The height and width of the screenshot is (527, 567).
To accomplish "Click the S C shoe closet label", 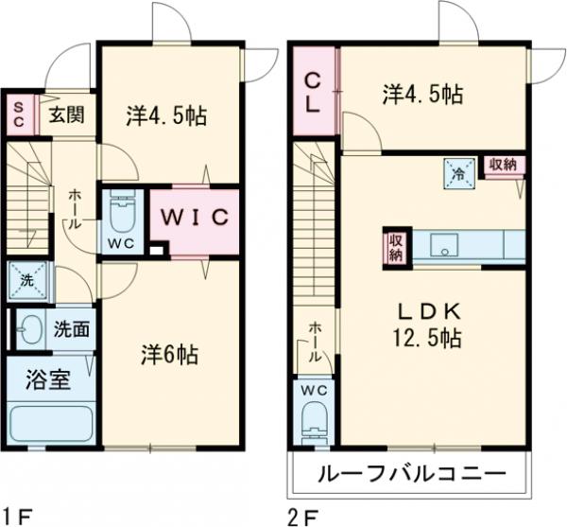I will pyautogui.click(x=17, y=115).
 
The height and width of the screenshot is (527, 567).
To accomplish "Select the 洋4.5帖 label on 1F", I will pyautogui.click(x=167, y=115).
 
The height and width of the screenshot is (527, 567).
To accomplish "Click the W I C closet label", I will pyautogui.click(x=193, y=216).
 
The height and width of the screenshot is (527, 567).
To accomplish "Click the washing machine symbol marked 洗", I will pyautogui.click(x=25, y=279).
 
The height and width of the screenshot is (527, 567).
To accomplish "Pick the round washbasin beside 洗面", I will pyautogui.click(x=30, y=330).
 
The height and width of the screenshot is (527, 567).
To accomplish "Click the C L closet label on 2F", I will pyautogui.click(x=312, y=92).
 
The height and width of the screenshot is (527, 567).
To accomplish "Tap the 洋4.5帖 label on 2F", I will pyautogui.click(x=422, y=94).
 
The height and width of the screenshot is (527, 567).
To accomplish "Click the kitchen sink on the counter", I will pyautogui.click(x=444, y=246).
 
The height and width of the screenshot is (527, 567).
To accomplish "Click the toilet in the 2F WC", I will pyautogui.click(x=312, y=416).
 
